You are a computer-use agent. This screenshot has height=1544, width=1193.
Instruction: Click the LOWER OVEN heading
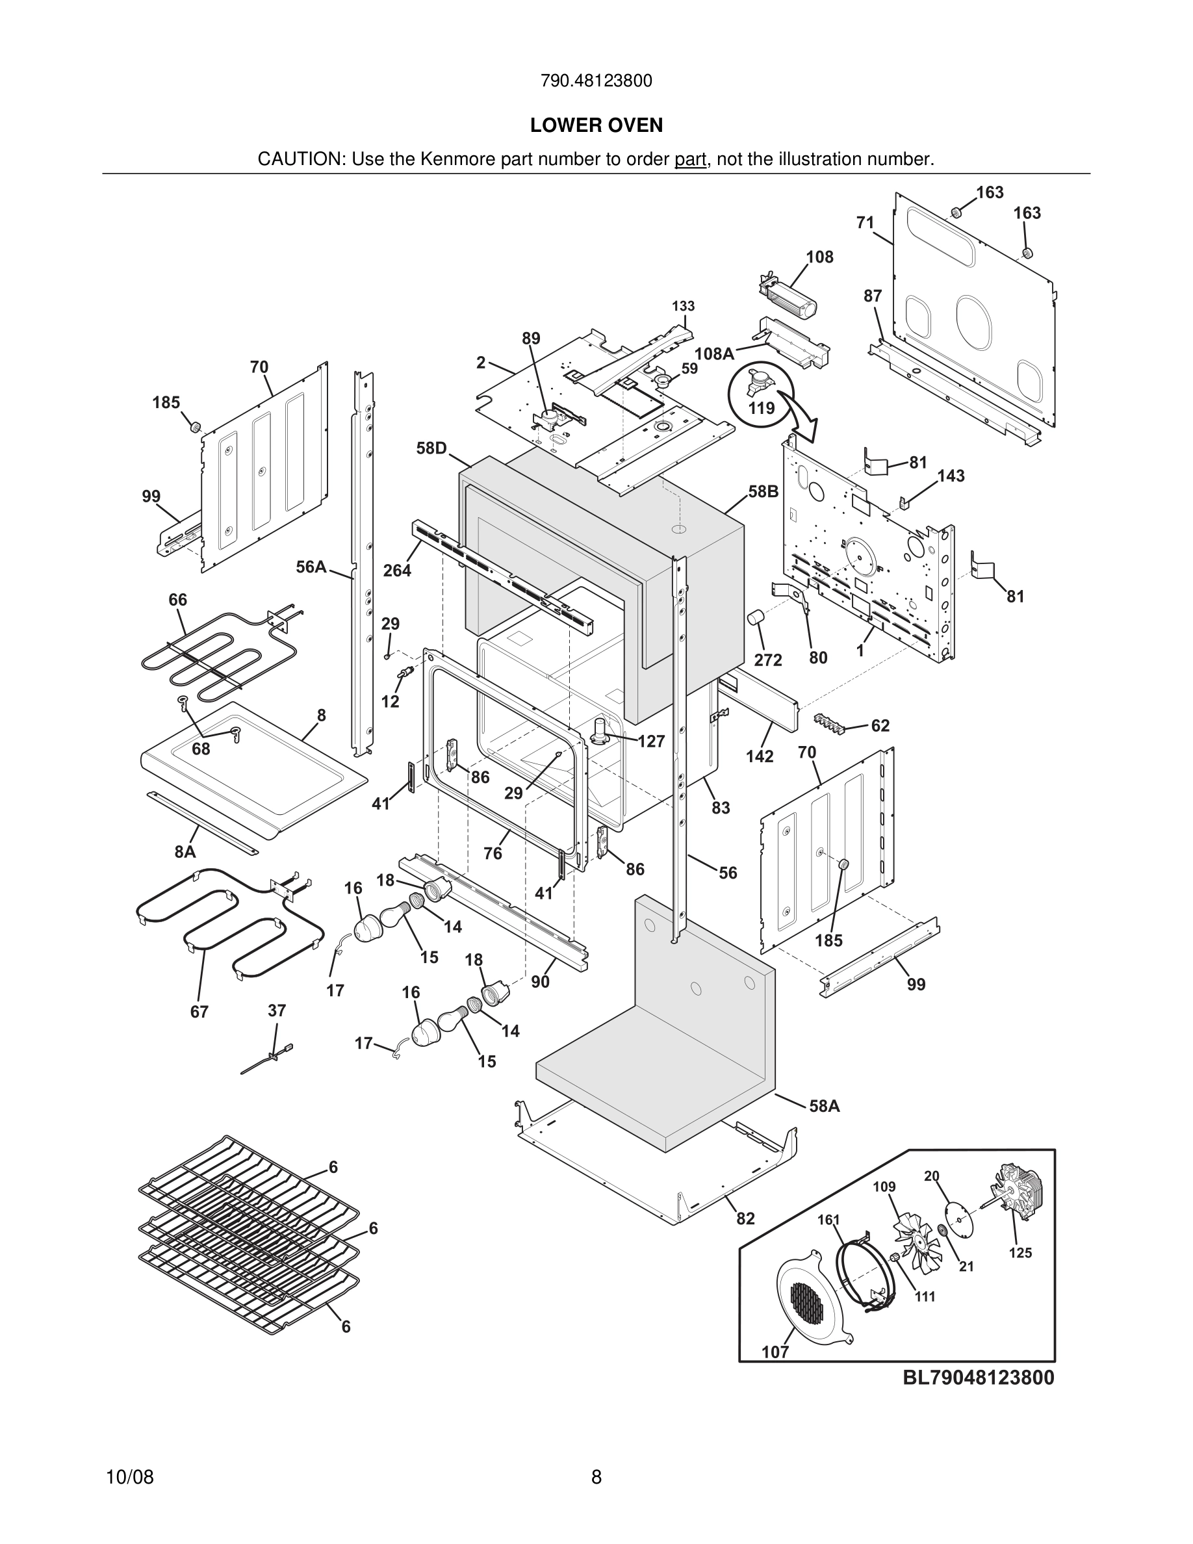click(x=596, y=125)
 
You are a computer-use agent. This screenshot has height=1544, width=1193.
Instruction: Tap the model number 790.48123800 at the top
click(x=596, y=81)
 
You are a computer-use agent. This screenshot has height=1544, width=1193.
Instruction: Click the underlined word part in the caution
click(x=691, y=159)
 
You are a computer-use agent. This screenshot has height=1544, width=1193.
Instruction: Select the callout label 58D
click(x=431, y=448)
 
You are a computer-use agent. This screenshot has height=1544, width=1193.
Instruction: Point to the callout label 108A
click(x=714, y=354)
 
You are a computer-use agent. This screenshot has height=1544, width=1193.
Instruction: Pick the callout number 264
click(x=397, y=570)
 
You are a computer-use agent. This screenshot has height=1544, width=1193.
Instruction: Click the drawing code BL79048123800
click(x=978, y=1377)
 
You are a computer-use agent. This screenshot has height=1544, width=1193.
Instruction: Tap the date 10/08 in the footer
click(x=129, y=1477)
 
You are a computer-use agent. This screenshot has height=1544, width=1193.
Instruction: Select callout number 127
click(x=651, y=741)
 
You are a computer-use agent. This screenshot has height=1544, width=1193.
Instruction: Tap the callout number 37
click(x=276, y=1010)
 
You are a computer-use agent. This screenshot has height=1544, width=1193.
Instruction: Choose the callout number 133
click(x=683, y=306)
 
